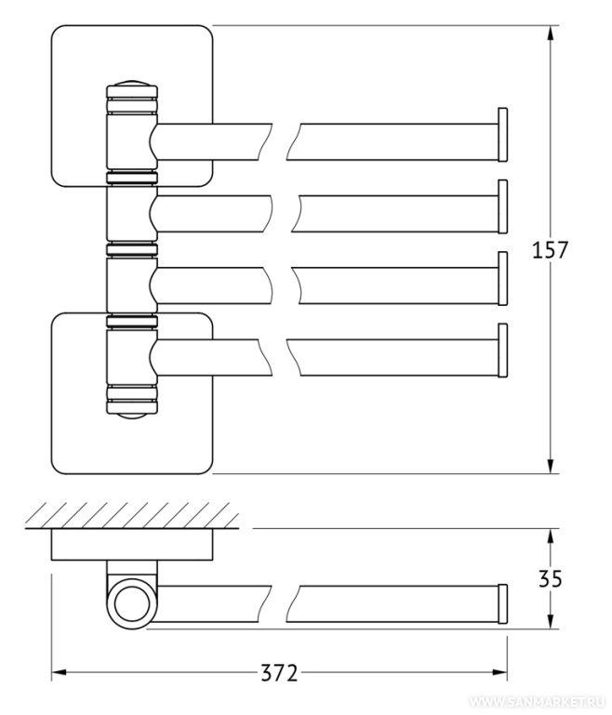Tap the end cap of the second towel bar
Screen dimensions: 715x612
(x=504, y=205)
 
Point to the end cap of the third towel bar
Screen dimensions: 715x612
(x=504, y=278)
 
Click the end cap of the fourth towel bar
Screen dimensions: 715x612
(x=504, y=350)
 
